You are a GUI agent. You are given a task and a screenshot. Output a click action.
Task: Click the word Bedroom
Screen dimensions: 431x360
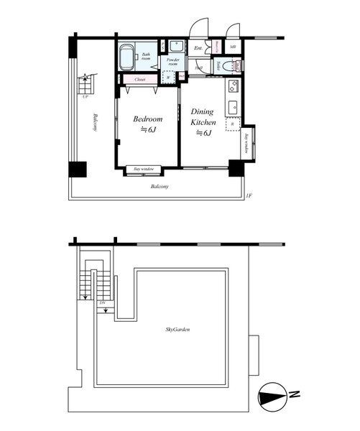tap(148, 119)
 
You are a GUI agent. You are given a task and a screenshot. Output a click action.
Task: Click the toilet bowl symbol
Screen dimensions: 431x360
tap(229, 66)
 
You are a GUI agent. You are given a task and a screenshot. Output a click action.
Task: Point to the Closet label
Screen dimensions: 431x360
tap(141, 80)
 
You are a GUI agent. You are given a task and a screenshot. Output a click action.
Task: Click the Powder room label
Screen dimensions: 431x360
tap(172, 62)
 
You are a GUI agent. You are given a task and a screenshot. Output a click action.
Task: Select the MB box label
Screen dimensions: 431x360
tap(233, 48)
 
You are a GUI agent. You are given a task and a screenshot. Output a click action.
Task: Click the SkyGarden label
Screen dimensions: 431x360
tap(177, 330)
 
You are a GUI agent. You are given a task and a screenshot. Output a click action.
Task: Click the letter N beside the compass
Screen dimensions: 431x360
tap(294, 394)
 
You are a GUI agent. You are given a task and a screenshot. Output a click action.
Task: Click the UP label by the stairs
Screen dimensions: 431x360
tap(86, 96)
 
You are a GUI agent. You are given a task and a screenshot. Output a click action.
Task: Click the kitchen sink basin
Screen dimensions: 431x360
tap(233, 108)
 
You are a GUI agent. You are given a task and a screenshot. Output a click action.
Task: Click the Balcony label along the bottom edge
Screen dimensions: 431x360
tap(160, 187)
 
